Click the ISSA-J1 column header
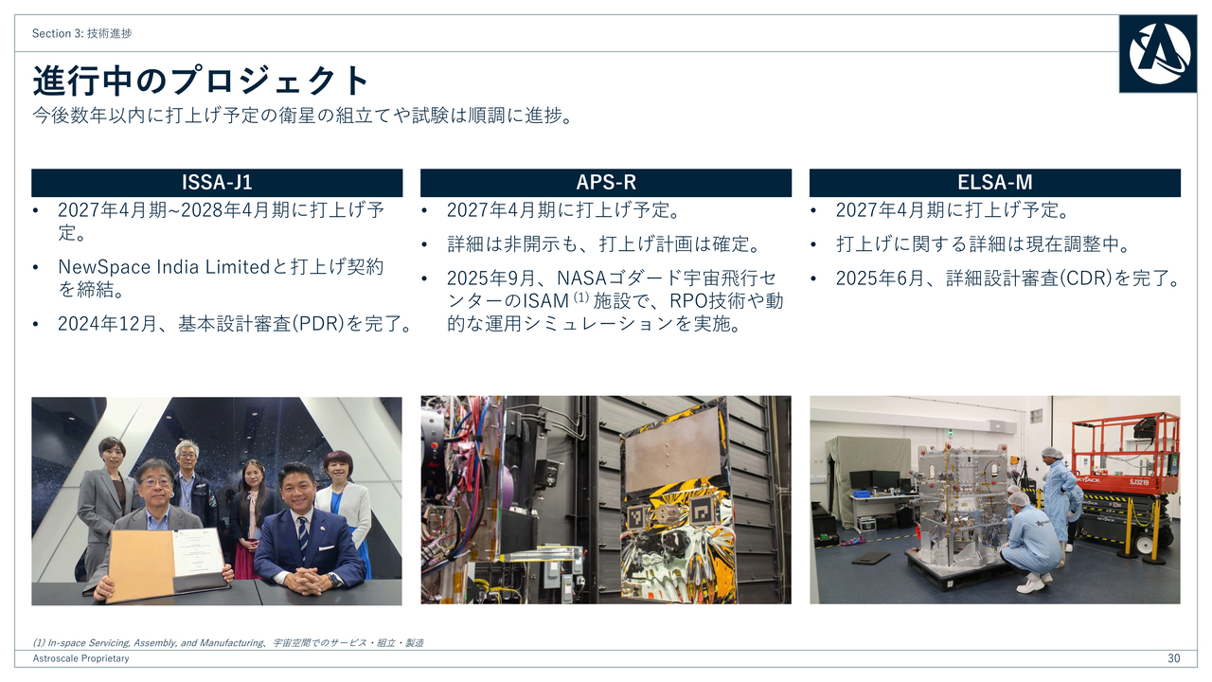pos(217,183)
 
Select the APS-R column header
pos(606,183)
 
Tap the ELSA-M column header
pos(995,183)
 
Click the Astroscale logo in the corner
pos(1158,54)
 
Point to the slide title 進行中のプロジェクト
pos(200,81)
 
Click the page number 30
pos(1173,658)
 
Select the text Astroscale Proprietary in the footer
pos(81,658)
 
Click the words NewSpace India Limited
pos(164,266)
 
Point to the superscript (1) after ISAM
pos(580,297)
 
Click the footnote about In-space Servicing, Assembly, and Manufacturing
pos(228,642)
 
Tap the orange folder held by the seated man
pos(141,565)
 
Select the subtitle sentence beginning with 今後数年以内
pos(303,116)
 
